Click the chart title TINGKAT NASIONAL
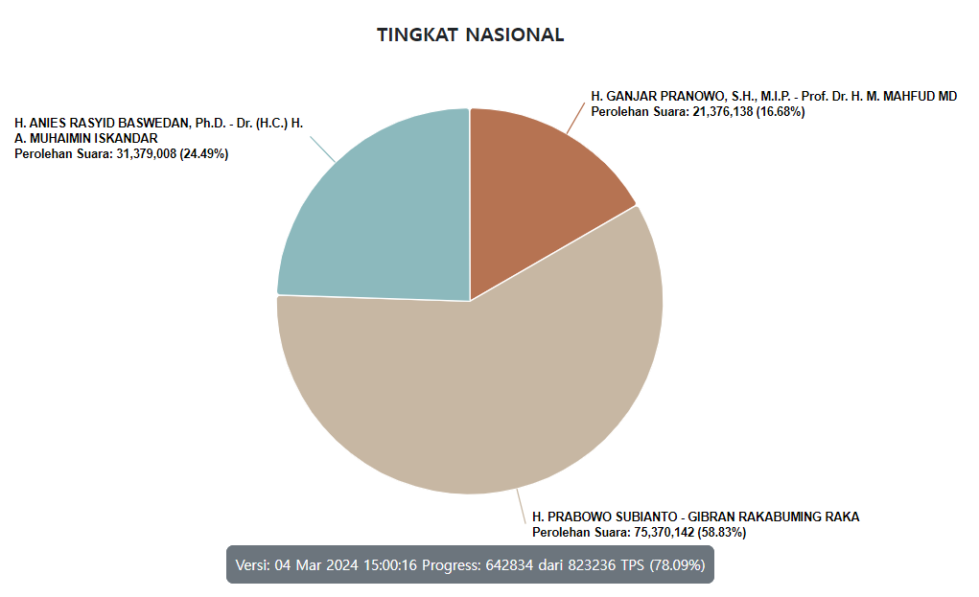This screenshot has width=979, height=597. click(470, 35)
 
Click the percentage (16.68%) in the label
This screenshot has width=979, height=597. click(781, 112)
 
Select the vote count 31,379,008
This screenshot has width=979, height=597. click(145, 154)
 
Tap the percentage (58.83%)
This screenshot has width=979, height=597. click(722, 532)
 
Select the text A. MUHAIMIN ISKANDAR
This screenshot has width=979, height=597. click(86, 139)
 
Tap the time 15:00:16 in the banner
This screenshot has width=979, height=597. click(388, 564)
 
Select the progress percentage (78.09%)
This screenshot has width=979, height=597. click(676, 564)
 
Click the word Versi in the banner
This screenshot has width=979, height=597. click(253, 564)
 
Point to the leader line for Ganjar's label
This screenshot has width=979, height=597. click(573, 119)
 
